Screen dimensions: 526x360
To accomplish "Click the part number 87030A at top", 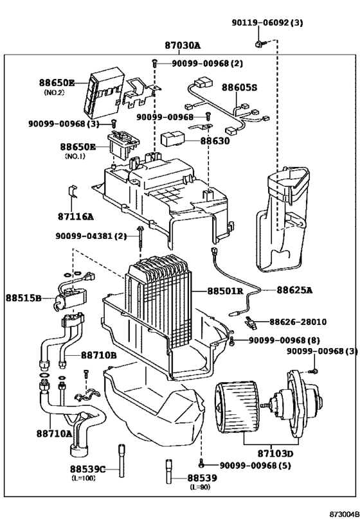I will coord(183,46).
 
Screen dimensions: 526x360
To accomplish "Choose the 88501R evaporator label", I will coord(224,290).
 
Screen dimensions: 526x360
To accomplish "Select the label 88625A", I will coord(294,290).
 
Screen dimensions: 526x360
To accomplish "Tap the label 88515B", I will coord(24,299).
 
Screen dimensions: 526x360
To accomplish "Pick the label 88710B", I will coord(98,355).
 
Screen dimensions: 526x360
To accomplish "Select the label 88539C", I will coord(87,469).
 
